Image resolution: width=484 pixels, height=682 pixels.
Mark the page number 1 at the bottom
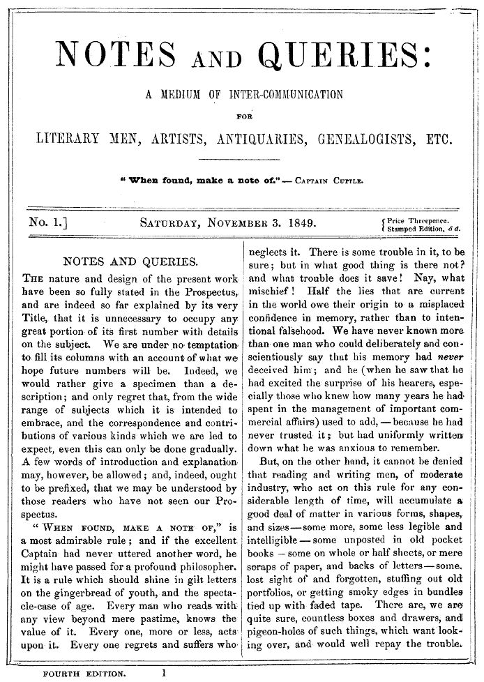pos(163,673)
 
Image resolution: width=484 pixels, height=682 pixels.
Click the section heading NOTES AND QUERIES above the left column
pos(128,262)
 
